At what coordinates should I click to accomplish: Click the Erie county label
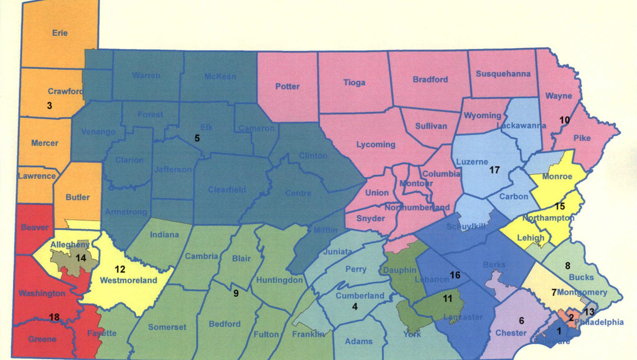pos(60,33)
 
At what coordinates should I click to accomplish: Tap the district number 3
pos(49,106)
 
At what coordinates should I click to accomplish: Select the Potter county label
pos(287,87)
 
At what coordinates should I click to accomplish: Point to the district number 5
pos(197,138)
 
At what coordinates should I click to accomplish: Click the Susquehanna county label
pos(503,74)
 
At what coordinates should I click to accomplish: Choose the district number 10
pos(564,120)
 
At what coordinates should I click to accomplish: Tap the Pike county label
pos(582,138)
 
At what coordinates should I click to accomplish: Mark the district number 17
pos(494,170)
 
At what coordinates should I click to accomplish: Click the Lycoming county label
pos(376,145)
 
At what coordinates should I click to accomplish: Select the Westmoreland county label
pos(128,280)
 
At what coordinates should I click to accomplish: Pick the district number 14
pos(81,258)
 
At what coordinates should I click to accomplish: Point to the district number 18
pos(54,317)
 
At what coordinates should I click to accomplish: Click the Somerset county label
pos(167,327)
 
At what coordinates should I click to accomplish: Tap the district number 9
pos(236,293)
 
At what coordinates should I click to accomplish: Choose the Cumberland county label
pos(360,296)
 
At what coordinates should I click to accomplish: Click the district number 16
pos(455,275)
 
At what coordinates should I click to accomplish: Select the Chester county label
pos(511,333)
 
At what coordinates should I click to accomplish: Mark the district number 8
pos(568,266)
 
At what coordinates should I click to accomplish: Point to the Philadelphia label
pos(599,322)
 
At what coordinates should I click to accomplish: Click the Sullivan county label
pos(431,126)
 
